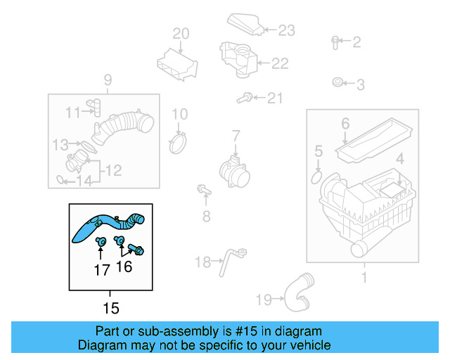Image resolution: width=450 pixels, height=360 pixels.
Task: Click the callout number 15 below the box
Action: click(110, 307)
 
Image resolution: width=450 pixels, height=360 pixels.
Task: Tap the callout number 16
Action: click(124, 266)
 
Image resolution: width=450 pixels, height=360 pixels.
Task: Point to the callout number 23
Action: click(286, 30)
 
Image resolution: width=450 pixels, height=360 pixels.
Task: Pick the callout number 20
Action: click(181, 33)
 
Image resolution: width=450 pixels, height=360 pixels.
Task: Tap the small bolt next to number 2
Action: click(335, 41)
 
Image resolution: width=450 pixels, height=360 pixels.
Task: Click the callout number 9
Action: click(108, 79)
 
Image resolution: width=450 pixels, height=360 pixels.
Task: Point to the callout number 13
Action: click(60, 145)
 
